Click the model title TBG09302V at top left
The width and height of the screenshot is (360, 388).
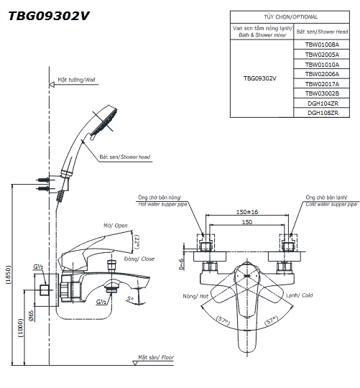pyautogui.click(x=48, y=17)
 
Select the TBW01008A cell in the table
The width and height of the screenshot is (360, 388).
pyautogui.click(x=322, y=45)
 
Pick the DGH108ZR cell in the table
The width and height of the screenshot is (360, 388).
pyautogui.click(x=322, y=113)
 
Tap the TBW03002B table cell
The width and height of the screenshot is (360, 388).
pyautogui.click(x=322, y=93)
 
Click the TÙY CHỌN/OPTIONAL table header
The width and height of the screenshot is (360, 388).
pyautogui.click(x=290, y=17)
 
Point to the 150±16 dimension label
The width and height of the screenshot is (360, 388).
pyautogui.click(x=247, y=212)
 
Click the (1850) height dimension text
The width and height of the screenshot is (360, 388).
pyautogui.click(x=8, y=274)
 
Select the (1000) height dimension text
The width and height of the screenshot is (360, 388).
pyautogui.click(x=21, y=328)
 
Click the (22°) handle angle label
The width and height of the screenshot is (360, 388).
pyautogui.click(x=137, y=241)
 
